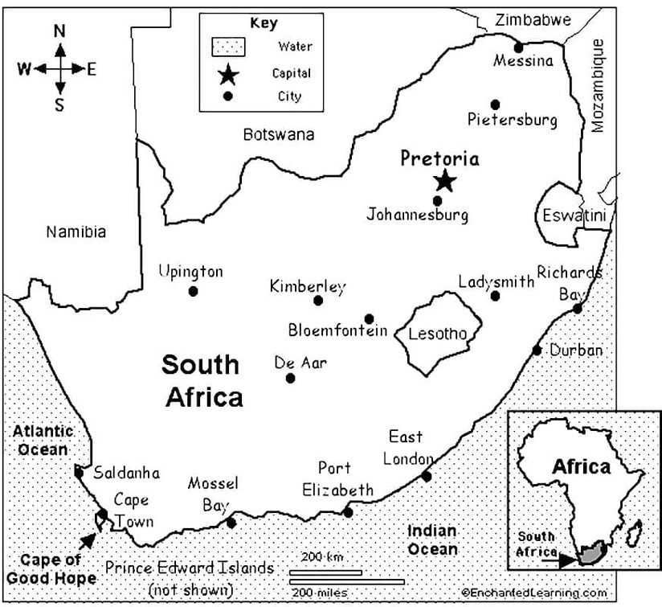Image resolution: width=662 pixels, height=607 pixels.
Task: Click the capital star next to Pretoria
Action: click(444, 182)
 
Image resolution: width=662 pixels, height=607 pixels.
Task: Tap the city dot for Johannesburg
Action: click(437, 200)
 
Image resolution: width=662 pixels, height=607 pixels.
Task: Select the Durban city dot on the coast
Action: click(537, 350)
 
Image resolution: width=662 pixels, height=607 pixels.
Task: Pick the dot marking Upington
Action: click(193, 291)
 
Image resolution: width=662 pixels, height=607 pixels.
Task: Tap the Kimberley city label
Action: click(308, 286)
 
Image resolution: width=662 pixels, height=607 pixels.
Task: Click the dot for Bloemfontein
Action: click(369, 318)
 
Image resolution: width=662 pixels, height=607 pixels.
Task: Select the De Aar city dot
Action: click(291, 378)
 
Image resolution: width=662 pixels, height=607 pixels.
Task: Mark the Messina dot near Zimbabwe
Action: click(518, 47)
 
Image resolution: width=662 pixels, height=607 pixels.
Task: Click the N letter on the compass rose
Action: click(59, 31)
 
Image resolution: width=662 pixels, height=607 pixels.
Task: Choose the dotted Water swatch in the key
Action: click(228, 47)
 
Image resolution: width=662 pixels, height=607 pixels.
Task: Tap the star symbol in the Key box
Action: click(227, 75)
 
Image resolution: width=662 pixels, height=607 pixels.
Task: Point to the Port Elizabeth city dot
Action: click(348, 511)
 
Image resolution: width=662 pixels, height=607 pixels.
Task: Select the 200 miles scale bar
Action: click(346, 581)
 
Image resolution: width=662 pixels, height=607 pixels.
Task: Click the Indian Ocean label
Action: click(432, 540)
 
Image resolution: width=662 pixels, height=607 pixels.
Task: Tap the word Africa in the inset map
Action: click(581, 466)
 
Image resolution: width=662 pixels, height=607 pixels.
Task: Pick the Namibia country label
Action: click(76, 232)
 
